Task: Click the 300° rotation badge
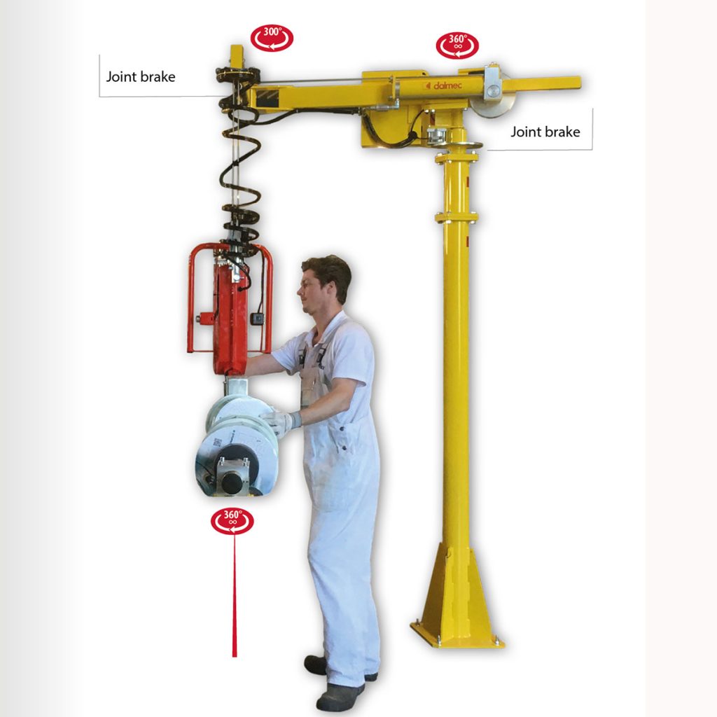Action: coord(272,38)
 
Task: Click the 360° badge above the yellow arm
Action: coord(457,46)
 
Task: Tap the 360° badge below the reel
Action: coord(232,521)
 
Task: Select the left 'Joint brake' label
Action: coord(140,76)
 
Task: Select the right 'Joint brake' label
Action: coord(545,132)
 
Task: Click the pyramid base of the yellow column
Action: coord(457,594)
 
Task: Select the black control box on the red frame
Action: coord(258,319)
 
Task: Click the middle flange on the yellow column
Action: coord(457,216)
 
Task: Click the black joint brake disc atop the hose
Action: coord(238,74)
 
